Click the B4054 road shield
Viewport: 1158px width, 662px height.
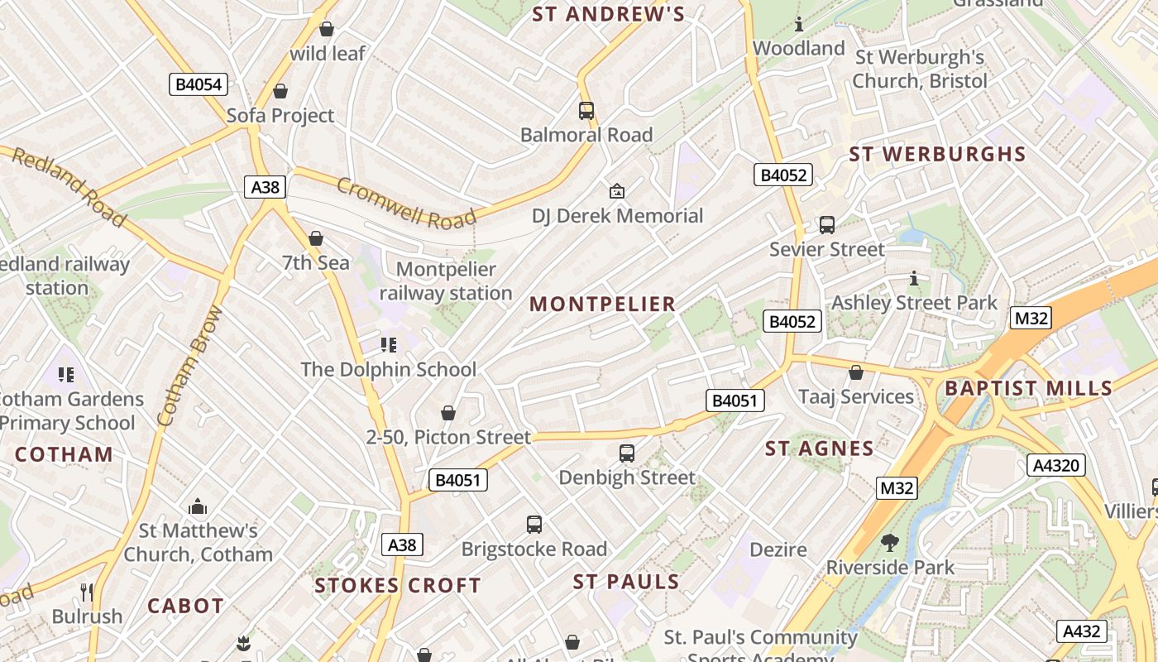pyautogui.click(x=199, y=84)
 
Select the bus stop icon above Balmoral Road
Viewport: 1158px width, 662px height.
pyautogui.click(x=586, y=110)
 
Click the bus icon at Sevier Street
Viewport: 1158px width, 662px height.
pyautogui.click(x=826, y=224)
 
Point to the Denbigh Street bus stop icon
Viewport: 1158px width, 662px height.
pyautogui.click(x=627, y=453)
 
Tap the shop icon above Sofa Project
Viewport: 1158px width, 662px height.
pyautogui.click(x=280, y=91)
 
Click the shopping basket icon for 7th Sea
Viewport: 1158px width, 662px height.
pyautogui.click(x=316, y=238)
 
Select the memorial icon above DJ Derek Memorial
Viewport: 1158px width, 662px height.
pyautogui.click(x=616, y=192)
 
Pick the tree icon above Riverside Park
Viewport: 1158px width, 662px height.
pyautogui.click(x=890, y=543)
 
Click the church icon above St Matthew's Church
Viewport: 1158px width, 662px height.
pyautogui.click(x=198, y=506)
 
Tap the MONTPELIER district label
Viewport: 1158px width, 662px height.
pyautogui.click(x=603, y=304)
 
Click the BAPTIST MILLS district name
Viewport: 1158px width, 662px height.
pyautogui.click(x=1028, y=388)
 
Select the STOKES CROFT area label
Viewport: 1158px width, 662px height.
pyautogui.click(x=398, y=586)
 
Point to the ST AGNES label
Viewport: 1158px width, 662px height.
pyautogui.click(x=819, y=449)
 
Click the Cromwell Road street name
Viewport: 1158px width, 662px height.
pyautogui.click(x=406, y=204)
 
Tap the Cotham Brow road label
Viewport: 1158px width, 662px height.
pyautogui.click(x=189, y=366)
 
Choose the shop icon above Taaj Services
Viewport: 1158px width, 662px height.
pyautogui.click(x=856, y=372)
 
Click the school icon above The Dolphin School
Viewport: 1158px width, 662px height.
pyautogui.click(x=389, y=344)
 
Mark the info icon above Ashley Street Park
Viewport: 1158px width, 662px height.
pyautogui.click(x=914, y=278)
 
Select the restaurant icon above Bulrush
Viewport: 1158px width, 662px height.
pyautogui.click(x=87, y=592)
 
